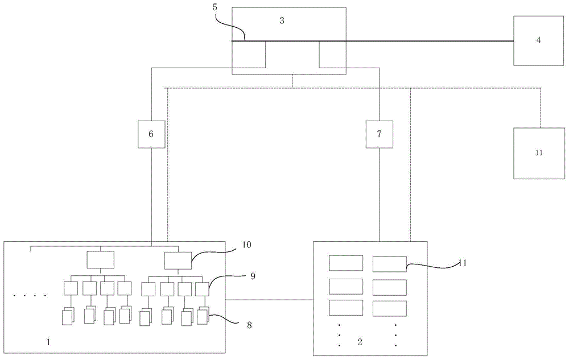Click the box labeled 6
(151, 134)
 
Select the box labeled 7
(379, 134)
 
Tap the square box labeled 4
(538, 40)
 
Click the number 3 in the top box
(282, 20)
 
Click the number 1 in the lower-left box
(48, 343)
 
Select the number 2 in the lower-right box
(359, 342)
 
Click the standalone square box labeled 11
(539, 153)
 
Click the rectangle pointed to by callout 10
(178, 260)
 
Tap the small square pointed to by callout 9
(202, 288)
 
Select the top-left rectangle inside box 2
(346, 263)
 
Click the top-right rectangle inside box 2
(389, 263)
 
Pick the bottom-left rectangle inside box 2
(346, 308)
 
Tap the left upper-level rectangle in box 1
(100, 259)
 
